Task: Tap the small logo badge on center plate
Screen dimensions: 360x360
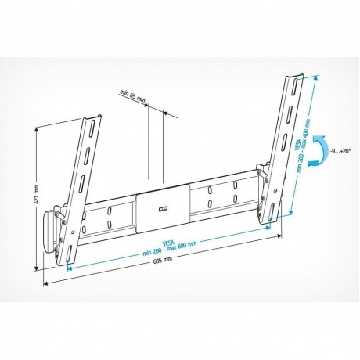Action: click(x=164, y=207)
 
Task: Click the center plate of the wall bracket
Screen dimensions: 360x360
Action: click(x=164, y=205)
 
